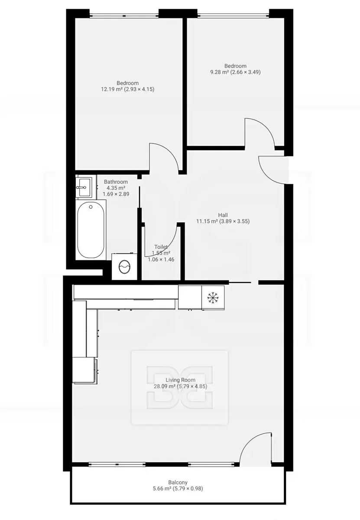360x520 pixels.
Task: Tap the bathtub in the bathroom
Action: point(91,230)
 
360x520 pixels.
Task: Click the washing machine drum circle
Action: point(124,267)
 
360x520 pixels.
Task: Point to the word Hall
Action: point(223,215)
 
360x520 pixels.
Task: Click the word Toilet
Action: point(161,247)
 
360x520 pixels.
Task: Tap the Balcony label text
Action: point(178,482)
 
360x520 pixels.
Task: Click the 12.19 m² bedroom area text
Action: point(128,89)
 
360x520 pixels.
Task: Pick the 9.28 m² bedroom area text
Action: point(235,72)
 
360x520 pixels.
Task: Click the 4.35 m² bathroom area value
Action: point(116,188)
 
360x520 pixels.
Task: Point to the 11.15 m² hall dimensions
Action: point(223,221)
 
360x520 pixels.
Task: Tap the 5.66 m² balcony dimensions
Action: point(178,489)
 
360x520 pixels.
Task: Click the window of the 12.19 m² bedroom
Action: point(124,16)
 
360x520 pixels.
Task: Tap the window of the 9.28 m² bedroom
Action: point(233,16)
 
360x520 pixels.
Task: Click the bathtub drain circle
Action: point(91,207)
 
